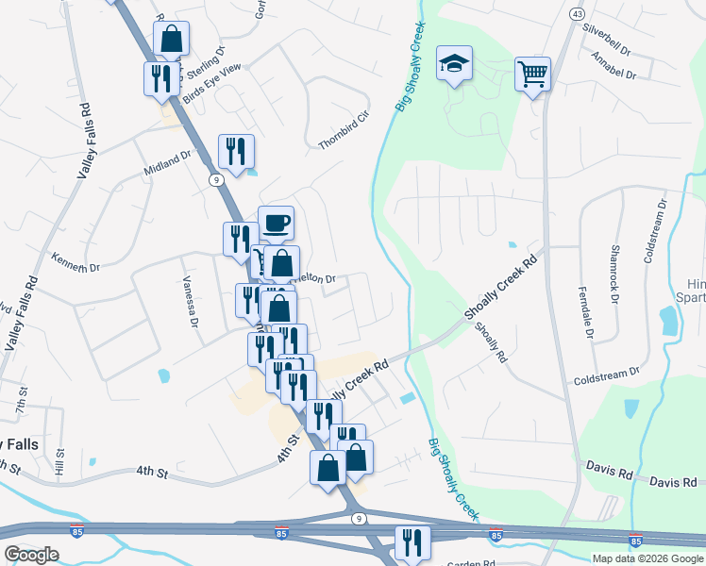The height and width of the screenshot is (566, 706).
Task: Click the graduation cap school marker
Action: tap(454, 65)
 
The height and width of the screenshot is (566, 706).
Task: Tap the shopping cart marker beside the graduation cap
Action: tap(532, 73)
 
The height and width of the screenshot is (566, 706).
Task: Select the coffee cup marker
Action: tap(276, 224)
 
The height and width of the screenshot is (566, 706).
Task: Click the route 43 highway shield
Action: tap(575, 13)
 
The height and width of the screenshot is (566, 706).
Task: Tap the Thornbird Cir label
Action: tap(342, 129)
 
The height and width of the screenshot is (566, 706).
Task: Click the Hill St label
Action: tap(59, 461)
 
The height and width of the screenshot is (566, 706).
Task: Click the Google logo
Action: tap(31, 555)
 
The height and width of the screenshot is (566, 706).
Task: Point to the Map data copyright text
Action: tap(647, 558)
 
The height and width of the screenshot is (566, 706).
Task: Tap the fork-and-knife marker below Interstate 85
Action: tap(412, 542)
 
